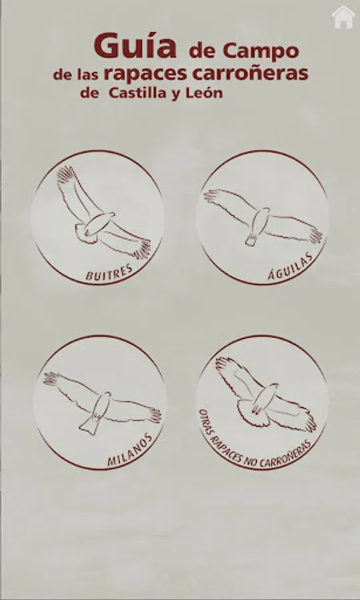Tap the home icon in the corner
pyautogui.click(x=343, y=17)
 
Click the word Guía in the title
pyautogui.click(x=135, y=45)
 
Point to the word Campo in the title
pyautogui.click(x=261, y=51)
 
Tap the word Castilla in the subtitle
pyautogui.click(x=137, y=93)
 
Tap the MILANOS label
pyautogui.click(x=130, y=450)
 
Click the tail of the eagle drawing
pyautogui.click(x=252, y=239)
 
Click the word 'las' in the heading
pyautogui.click(x=88, y=75)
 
